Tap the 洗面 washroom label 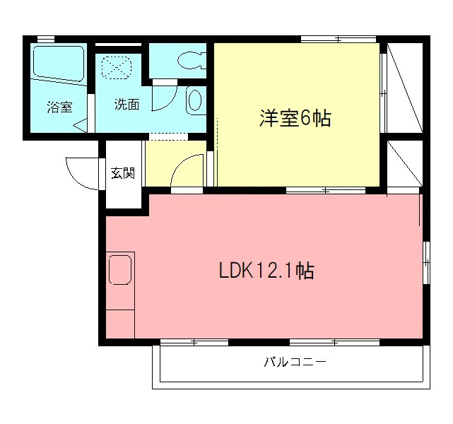point(127,105)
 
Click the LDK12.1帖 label point(266,271)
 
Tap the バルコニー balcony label point(295,363)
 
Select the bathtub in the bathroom point(59,64)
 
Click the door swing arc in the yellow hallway point(183,170)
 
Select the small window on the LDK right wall point(426,262)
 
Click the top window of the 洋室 point(337,38)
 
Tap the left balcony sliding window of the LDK point(194,343)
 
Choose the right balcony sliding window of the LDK point(334,343)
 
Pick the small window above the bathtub point(46,38)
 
